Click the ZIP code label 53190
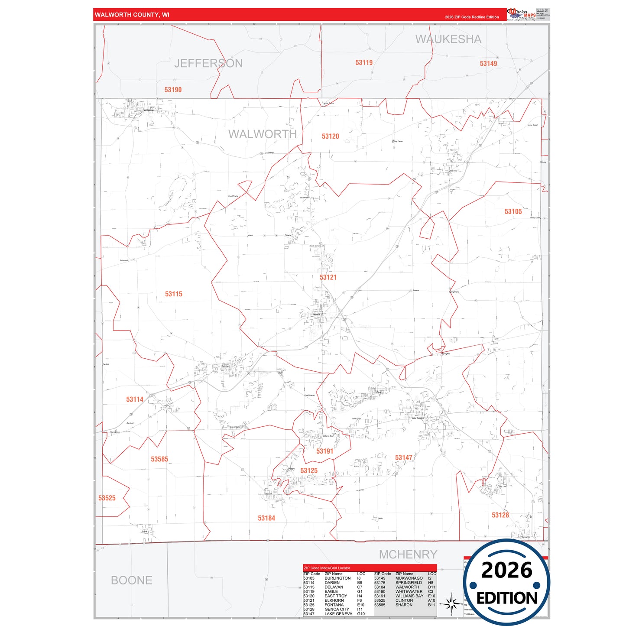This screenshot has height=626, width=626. [173, 90]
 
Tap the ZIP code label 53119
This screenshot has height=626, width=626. [364, 63]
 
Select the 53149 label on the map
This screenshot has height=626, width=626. [488, 64]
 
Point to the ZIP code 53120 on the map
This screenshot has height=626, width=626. [330, 136]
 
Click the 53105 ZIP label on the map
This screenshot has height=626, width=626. [513, 211]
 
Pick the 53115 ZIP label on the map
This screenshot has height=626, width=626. [173, 294]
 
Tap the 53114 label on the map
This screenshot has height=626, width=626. [134, 399]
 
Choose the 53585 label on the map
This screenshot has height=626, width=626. [159, 459]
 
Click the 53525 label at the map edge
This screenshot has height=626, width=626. [107, 498]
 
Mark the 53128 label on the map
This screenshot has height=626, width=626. [500, 515]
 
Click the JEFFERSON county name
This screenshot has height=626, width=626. [208, 64]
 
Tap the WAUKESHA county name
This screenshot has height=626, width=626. [448, 39]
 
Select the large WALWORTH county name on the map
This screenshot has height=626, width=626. [263, 134]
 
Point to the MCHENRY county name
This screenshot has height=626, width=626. [408, 555]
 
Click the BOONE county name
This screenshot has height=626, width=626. [132, 581]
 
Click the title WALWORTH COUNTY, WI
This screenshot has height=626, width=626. [132, 15]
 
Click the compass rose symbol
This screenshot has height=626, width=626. [451, 603]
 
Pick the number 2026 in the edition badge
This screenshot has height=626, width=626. [506, 570]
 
